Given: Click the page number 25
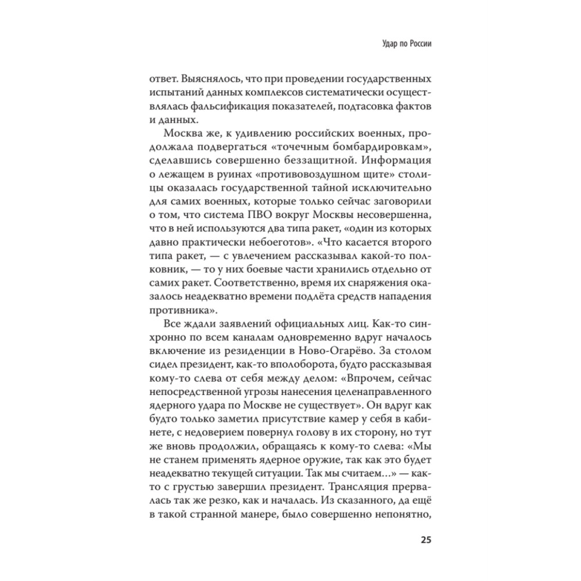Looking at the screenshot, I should pos(425,539).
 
